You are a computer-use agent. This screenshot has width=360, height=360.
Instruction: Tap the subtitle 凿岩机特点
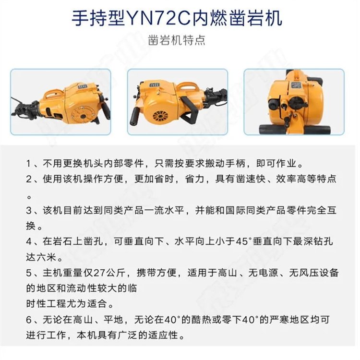click(x=176, y=40)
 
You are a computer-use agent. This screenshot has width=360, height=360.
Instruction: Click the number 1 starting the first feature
click(x=28, y=164)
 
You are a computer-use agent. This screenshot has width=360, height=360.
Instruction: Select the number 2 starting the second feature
click(x=29, y=180)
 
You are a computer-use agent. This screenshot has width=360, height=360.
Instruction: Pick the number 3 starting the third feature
click(x=29, y=211)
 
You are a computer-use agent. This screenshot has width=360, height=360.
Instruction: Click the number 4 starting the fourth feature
click(x=29, y=241)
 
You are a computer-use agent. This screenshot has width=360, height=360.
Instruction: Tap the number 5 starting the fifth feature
click(x=29, y=273)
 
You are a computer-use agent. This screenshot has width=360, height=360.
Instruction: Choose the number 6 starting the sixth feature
click(x=29, y=320)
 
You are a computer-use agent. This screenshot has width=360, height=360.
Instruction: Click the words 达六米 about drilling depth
click(x=41, y=257)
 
